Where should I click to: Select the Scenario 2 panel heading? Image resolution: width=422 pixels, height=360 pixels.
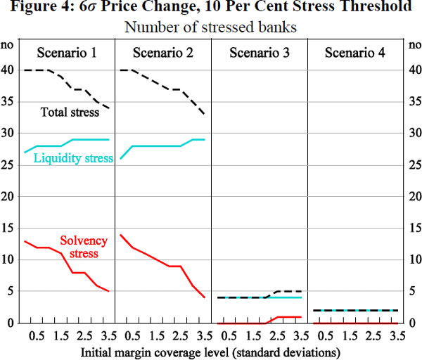pos(162,53)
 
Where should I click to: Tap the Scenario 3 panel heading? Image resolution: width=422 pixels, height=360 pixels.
pos(258,53)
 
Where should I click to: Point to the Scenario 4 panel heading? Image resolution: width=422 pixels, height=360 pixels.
pos(354,53)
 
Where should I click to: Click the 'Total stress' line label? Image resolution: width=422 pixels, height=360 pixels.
pos(70,111)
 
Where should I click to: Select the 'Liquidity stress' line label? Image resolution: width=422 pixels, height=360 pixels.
pos(73,158)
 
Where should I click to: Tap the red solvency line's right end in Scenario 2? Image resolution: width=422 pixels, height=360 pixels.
pos(205,297)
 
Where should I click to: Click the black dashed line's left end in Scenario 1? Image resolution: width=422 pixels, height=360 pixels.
pos(25,70)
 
